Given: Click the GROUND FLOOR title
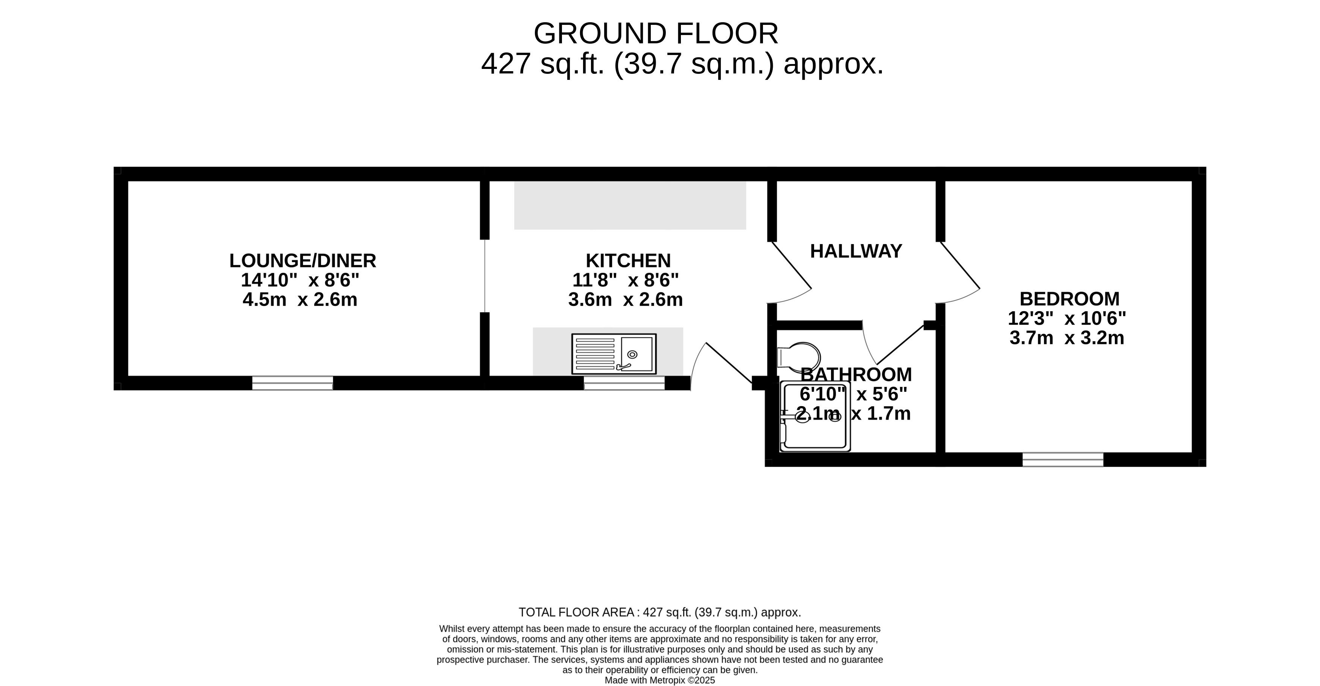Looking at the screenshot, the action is point(656,34).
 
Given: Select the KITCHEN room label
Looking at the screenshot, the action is point(628,261).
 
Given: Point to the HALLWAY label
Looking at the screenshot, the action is point(856,251).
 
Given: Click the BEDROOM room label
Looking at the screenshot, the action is point(1069,299).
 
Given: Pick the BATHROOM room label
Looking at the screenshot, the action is point(856,375).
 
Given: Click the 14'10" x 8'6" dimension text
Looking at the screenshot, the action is point(300,280).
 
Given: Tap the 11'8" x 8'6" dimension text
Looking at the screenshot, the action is point(626,280).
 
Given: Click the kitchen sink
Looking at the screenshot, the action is point(614,354).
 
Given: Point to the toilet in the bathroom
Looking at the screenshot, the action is point(798,356).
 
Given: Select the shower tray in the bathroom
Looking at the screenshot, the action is point(815,416).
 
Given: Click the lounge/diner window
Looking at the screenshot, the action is point(292,383).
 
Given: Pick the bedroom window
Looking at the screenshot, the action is point(1063,459).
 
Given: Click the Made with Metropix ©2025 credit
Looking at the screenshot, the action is point(660,680).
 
